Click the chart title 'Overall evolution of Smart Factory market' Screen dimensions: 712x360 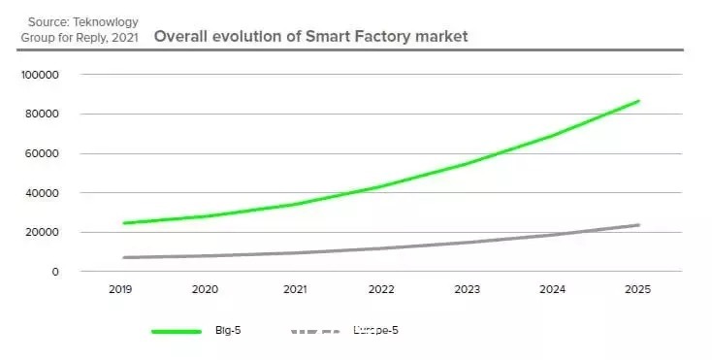point(310,36)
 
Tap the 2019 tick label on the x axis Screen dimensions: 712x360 point(120,289)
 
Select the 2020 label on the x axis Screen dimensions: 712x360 point(205,289)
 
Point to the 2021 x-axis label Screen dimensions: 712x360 point(295,289)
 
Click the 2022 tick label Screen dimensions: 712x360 point(381,289)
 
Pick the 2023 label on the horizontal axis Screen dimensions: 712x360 point(468,289)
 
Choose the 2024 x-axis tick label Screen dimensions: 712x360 point(553,289)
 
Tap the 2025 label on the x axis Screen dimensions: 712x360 point(637,289)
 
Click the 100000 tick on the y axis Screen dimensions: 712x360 point(40,75)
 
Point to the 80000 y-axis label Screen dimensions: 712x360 point(42,114)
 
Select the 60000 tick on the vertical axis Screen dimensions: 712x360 point(42,153)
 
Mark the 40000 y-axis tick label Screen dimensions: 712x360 point(42,193)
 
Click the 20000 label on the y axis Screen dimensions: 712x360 point(42,232)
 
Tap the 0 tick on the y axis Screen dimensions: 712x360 point(55,272)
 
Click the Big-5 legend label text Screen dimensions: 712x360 point(228,331)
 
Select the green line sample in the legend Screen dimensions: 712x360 point(177,332)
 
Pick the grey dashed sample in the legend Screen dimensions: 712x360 point(315,332)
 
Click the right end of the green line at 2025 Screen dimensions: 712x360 point(638,101)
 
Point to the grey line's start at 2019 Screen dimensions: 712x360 point(124,257)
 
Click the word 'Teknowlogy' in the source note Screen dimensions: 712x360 point(106,21)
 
